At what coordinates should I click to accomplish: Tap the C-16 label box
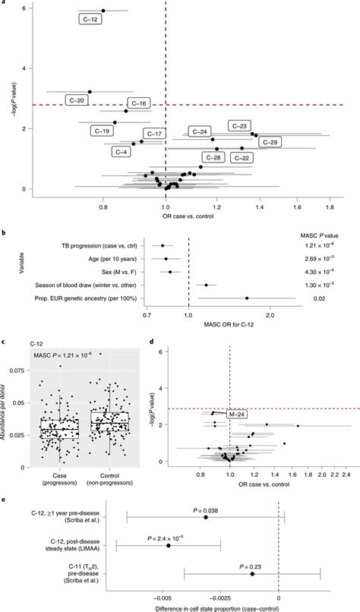[141, 103]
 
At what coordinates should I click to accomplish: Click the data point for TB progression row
[163, 245]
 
